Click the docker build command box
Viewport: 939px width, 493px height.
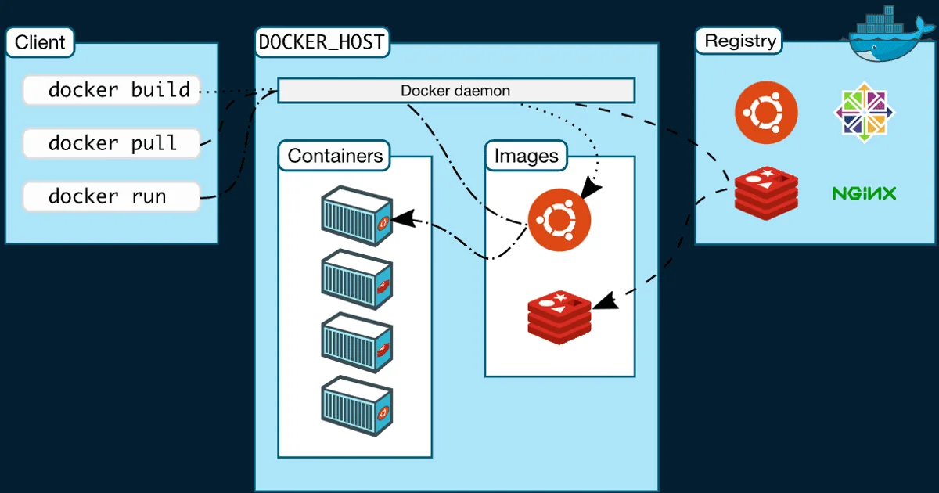pyautogui.click(x=111, y=90)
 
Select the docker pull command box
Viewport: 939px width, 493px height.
pyautogui.click(x=111, y=143)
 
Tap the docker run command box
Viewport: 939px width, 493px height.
pyautogui.click(x=111, y=196)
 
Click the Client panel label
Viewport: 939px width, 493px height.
pyautogui.click(x=40, y=42)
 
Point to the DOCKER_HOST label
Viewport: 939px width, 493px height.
pyautogui.click(x=322, y=41)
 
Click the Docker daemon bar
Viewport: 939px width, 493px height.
pyautogui.click(x=455, y=91)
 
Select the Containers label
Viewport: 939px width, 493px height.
pyautogui.click(x=335, y=156)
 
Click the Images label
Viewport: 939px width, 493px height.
pyautogui.click(x=526, y=156)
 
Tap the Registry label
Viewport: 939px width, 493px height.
pyautogui.click(x=740, y=41)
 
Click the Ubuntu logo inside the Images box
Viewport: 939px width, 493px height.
pyautogui.click(x=559, y=220)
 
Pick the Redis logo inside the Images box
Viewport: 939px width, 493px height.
pyautogui.click(x=559, y=315)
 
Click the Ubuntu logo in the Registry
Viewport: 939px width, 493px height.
pyautogui.click(x=766, y=113)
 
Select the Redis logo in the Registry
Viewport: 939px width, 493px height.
pyautogui.click(x=766, y=191)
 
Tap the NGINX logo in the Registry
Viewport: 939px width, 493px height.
pyautogui.click(x=864, y=193)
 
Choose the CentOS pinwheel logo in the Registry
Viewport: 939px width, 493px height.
pyautogui.click(x=864, y=113)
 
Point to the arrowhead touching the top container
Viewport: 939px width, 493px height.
pyautogui.click(x=401, y=219)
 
